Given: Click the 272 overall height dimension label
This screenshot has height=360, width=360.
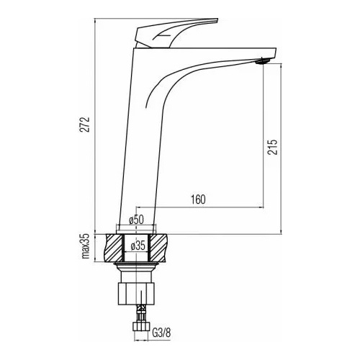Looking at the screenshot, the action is (x=84, y=125).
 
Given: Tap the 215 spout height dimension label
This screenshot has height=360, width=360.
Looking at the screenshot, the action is (x=272, y=147).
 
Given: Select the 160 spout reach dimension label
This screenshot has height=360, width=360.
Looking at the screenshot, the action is (x=198, y=199).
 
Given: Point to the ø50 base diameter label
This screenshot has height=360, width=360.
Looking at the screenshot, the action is (x=136, y=220).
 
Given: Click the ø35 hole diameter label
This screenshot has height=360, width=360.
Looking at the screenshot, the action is (x=138, y=246).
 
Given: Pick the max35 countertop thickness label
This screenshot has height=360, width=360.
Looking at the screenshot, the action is (x=85, y=246).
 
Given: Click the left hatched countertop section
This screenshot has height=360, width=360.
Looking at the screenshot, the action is (x=114, y=248).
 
